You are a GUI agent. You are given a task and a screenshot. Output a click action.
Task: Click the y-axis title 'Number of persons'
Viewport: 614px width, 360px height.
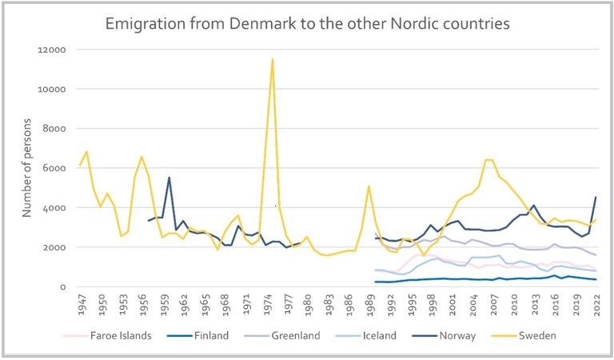click(x=26, y=168)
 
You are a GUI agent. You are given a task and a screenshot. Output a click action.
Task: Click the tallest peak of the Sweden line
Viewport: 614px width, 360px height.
click(x=273, y=58)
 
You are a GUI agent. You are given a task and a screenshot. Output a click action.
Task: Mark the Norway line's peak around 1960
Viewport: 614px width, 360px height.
click(x=169, y=178)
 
